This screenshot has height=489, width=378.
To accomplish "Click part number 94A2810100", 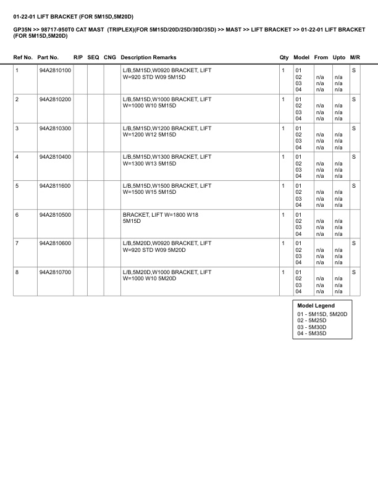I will tap(54, 70).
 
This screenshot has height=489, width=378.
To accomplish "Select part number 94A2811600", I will tap(54, 186).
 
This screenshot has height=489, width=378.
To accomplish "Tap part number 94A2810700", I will tap(54, 272).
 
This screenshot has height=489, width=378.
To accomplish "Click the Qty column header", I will tap(284, 57).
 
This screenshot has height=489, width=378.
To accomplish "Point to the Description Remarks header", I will tap(148, 57).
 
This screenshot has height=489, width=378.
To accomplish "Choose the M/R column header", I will tap(355, 57).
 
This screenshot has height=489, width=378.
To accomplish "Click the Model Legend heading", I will tap(316, 306).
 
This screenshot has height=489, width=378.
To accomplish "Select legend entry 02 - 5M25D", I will tap(312, 320).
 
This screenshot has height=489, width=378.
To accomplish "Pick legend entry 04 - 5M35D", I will tap(312, 333).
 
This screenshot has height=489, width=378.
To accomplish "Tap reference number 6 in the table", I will tap(17, 215).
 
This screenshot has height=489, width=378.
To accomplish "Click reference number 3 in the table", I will tap(17, 128).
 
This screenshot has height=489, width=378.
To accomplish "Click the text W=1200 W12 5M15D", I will tap(150, 135).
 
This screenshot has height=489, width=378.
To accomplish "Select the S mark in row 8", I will tap(354, 272).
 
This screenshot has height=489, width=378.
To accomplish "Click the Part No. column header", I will tap(48, 57).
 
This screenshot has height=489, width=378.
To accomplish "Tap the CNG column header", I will tap(109, 57).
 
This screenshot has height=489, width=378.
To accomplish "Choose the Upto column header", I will tap(339, 57).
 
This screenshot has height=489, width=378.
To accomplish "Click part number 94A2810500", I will tap(54, 215).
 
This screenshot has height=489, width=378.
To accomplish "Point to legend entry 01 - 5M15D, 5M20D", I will tap(322, 314).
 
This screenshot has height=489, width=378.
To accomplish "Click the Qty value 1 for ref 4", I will tap(283, 157).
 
